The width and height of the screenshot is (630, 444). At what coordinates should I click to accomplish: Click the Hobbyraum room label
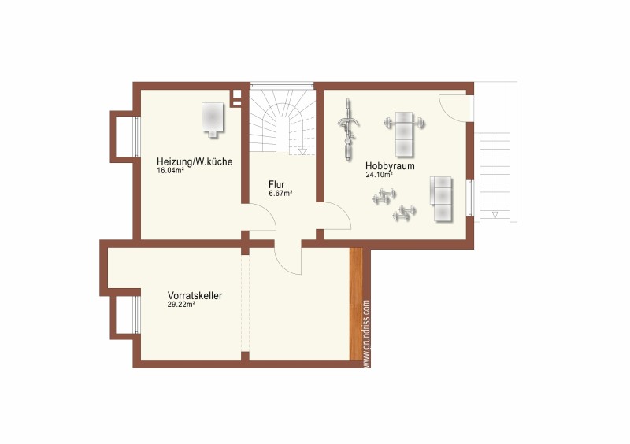tap(390, 165)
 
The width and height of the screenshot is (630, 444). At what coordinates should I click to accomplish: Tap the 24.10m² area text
tap(379, 175)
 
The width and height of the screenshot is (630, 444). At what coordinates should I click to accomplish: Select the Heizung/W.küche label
tap(195, 162)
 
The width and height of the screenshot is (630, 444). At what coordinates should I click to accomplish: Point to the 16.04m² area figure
tap(170, 170)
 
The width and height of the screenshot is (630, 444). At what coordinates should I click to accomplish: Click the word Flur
tap(276, 185)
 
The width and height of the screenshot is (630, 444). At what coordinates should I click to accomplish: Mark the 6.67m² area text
tap(280, 194)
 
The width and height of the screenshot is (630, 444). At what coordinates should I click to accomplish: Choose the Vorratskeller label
tap(195, 296)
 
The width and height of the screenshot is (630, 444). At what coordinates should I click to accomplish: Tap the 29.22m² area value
tap(181, 305)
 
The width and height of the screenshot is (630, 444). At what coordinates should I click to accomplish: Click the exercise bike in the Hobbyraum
tap(348, 129)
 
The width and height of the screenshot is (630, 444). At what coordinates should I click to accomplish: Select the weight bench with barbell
tap(404, 134)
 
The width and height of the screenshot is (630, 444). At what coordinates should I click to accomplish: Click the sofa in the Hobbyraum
tap(441, 199)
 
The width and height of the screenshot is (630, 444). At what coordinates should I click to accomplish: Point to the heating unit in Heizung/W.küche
tap(212, 120)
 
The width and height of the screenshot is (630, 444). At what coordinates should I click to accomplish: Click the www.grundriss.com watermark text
tap(366, 334)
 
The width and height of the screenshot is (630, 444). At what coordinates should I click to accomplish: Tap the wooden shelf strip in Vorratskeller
tap(356, 303)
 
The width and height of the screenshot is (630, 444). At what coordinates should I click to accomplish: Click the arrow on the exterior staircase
tap(495, 215)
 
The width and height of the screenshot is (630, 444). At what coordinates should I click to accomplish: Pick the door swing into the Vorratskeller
tap(287, 257)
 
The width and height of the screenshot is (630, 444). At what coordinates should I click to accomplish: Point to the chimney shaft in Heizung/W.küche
tap(237, 98)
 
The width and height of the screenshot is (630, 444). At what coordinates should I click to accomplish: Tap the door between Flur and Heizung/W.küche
tap(261, 217)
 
